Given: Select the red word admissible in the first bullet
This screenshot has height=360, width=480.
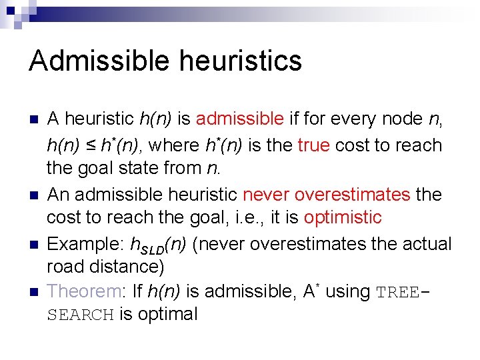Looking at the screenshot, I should (x=240, y=119).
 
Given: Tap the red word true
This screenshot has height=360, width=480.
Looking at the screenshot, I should (x=313, y=145).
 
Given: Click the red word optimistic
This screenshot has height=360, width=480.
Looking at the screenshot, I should (x=343, y=218).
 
